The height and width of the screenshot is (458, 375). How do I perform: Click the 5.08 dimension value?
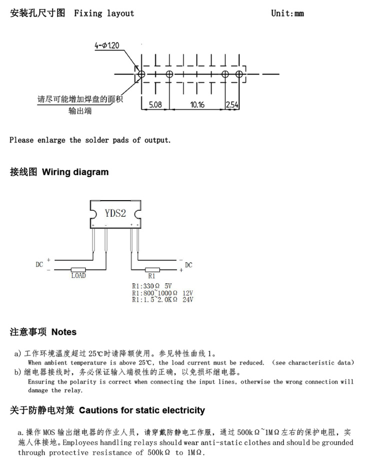155,105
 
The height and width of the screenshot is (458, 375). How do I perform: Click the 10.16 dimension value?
197,105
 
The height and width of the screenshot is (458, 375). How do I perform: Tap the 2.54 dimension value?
232,105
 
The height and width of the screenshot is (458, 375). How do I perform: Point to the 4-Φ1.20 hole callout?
107,45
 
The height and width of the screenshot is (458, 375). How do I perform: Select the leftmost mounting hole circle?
141,74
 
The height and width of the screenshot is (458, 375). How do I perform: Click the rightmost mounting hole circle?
239,74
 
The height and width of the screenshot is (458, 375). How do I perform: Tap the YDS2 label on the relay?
115,213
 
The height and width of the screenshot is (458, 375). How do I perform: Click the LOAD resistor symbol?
78,270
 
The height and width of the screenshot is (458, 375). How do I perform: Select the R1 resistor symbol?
152,270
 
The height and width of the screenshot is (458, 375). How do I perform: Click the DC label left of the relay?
39,264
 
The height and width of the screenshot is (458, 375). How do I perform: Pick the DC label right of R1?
188,265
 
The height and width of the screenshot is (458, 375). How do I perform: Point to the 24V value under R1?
188,300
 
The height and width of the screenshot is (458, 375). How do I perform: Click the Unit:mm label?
287,14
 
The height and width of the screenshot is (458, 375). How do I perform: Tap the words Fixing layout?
104,14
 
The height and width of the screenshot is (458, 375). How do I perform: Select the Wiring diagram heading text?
75,172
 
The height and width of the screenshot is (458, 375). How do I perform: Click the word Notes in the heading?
64,332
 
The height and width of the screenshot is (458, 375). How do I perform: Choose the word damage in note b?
38,390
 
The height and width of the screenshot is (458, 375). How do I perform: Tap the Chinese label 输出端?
80,111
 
